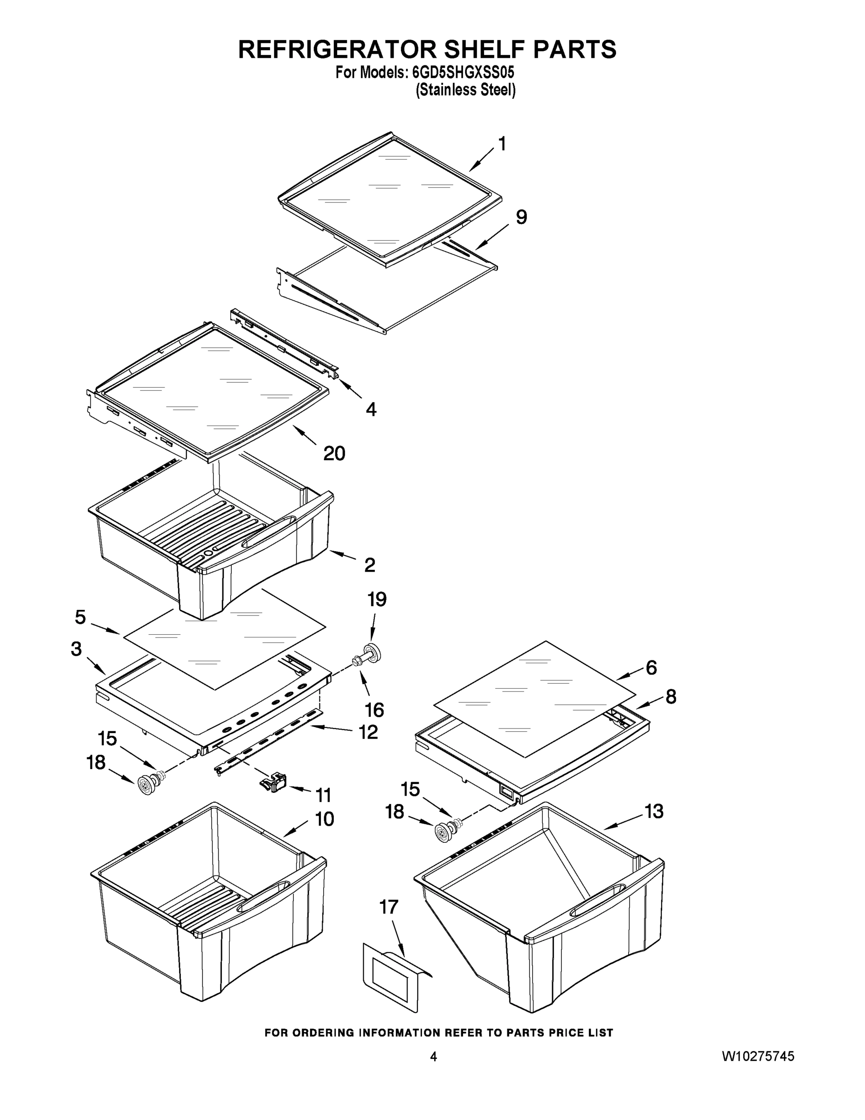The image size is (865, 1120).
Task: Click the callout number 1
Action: pyautogui.click(x=502, y=144)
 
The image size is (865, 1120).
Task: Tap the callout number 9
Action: pyautogui.click(x=521, y=217)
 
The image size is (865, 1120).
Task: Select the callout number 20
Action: pyautogui.click(x=334, y=453)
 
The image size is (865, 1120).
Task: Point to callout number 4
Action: pyautogui.click(x=371, y=409)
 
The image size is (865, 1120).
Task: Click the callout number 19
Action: pyautogui.click(x=377, y=599)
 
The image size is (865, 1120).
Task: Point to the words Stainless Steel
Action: pyautogui.click(x=465, y=90)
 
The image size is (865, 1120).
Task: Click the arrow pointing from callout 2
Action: pyautogui.click(x=343, y=555)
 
